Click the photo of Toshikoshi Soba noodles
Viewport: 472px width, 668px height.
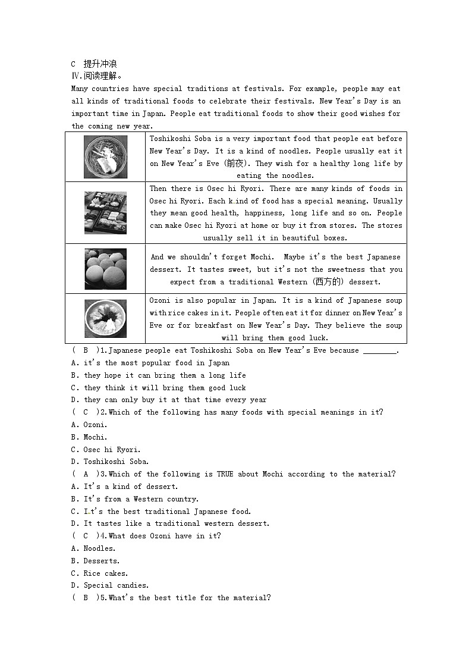click(105, 157)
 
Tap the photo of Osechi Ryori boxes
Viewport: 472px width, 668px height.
click(105, 212)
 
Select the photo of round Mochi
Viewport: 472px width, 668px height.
click(105, 269)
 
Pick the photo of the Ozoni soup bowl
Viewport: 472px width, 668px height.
click(105, 319)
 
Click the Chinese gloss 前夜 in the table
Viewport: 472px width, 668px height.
click(229, 164)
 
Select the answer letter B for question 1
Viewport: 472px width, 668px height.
click(86, 350)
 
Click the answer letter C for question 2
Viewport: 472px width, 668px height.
click(86, 412)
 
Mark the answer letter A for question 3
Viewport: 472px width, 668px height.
click(86, 474)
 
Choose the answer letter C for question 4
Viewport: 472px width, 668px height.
click(86, 536)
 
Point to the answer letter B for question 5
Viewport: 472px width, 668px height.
click(86, 598)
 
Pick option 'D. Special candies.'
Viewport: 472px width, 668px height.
click(110, 585)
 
